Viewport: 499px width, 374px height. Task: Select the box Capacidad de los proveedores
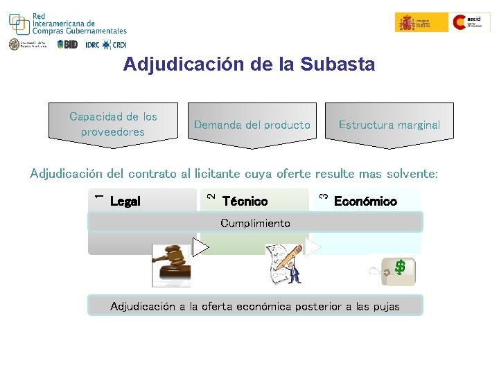(113, 124)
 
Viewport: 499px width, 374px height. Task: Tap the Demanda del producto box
(252, 125)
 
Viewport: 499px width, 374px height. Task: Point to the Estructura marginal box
(389, 125)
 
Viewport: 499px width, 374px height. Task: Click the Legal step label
(125, 202)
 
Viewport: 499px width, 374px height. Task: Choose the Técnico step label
(245, 202)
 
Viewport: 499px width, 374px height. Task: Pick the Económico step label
(365, 202)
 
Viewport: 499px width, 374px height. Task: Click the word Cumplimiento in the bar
(255, 223)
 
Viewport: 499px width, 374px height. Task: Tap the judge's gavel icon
(171, 264)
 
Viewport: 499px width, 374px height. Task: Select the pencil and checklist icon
(286, 264)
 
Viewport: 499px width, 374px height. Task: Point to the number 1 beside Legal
(98, 197)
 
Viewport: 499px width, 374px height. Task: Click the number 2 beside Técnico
(211, 197)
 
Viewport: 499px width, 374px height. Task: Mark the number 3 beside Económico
(323, 197)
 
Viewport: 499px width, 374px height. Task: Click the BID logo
(68, 44)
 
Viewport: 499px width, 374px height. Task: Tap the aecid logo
(471, 22)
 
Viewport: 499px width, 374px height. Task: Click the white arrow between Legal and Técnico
(201, 247)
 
